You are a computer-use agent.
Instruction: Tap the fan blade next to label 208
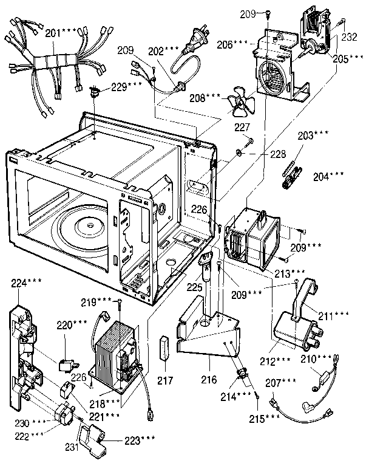(241, 105)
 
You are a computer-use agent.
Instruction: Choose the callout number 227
(243, 128)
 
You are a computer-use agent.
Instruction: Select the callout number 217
(165, 381)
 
